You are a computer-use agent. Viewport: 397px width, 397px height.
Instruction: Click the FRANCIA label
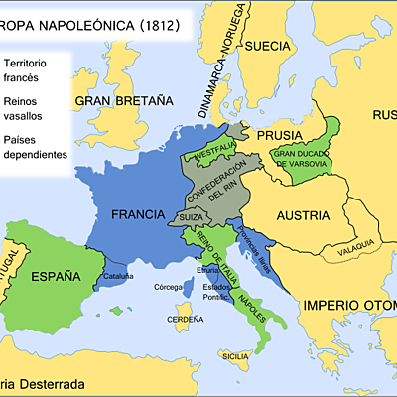click(x=138, y=213)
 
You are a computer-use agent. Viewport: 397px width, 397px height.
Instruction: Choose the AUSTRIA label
click(x=298, y=214)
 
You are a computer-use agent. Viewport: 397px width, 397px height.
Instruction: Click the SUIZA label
click(x=191, y=217)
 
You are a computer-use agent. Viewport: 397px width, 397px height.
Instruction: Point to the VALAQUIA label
click(x=355, y=242)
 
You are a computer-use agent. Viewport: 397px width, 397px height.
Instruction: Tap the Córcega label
click(x=168, y=287)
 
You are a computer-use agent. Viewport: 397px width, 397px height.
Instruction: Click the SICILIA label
click(x=235, y=355)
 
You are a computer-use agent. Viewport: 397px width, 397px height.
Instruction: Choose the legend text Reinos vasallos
click(x=27, y=107)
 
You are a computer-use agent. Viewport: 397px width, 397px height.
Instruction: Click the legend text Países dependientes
click(x=36, y=147)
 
